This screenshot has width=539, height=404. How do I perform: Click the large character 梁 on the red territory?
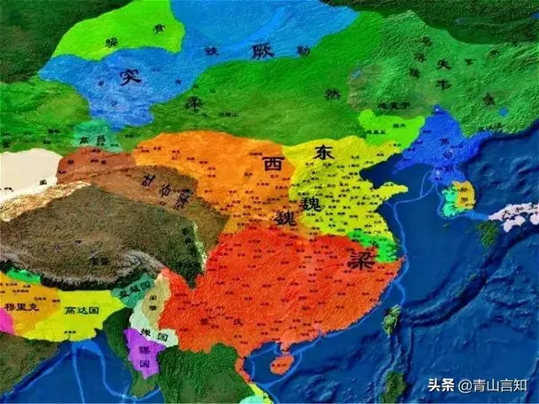[355, 261]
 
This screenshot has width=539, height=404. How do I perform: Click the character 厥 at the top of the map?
[262, 50]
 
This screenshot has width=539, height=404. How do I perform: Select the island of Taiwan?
[392, 320]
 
